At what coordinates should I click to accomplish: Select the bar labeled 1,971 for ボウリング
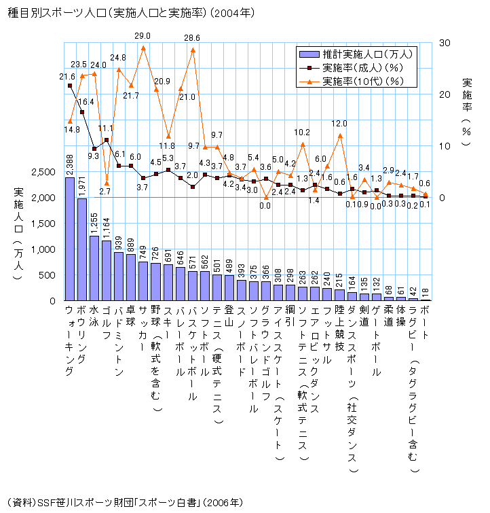pos(82,249)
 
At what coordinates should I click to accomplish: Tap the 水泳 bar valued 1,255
pos(94,268)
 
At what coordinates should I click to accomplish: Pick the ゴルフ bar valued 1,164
pos(107,270)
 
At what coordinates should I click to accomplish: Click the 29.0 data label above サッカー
pos(143,35)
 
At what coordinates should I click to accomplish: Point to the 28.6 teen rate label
pos(192,37)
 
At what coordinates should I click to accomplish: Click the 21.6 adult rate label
pos(67,77)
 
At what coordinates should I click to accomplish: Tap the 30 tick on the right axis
pos(445,42)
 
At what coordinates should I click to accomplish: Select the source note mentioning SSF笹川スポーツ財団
pos(126,503)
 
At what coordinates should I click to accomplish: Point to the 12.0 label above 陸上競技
pos(339,124)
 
